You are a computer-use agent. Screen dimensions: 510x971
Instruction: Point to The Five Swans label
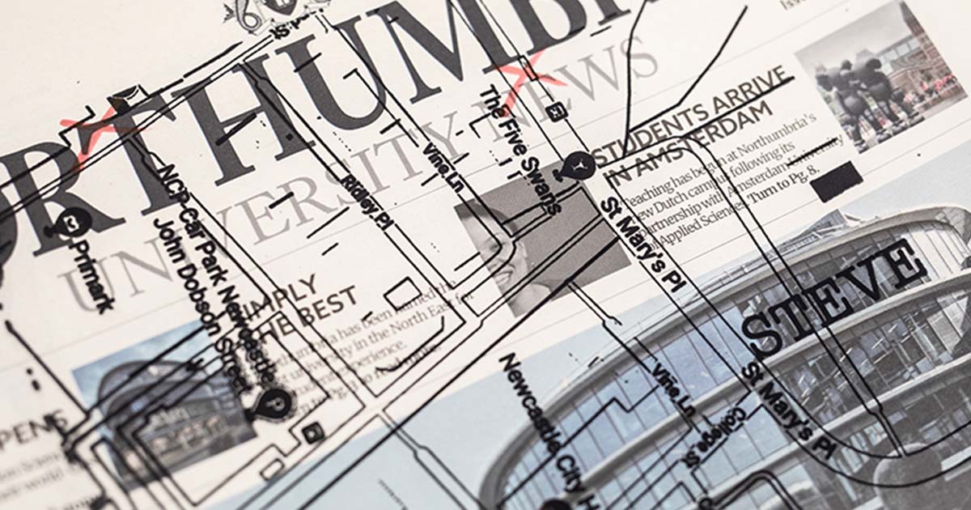click(520, 150)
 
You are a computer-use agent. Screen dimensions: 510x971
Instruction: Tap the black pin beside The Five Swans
click(580, 165)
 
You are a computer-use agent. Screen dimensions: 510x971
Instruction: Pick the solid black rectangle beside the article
click(836, 181)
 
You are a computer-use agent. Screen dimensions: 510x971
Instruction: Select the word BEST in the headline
click(333, 306)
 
